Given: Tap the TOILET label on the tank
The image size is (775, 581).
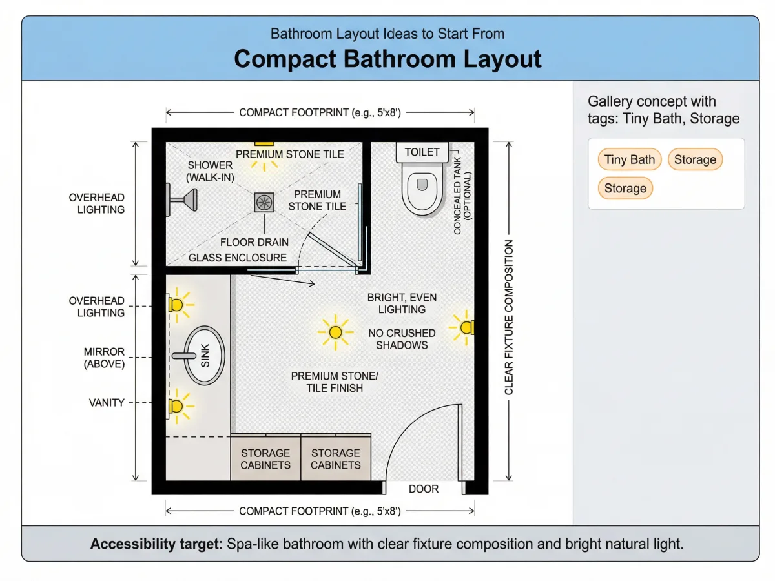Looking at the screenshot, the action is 422,152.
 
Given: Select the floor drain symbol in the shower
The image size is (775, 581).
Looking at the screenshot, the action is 264,203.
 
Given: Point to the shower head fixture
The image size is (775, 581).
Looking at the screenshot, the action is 182,199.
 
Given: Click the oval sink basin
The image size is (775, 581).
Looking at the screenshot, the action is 204,355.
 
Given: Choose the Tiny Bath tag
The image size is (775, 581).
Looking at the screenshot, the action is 629,159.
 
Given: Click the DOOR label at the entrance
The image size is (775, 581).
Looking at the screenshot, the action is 423,489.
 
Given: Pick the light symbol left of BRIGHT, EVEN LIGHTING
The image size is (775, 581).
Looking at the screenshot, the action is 335,332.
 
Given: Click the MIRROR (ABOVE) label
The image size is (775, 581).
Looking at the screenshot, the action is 104,358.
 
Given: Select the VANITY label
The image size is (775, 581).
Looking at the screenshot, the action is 107,402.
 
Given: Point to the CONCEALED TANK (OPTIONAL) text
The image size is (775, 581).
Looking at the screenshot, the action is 462,196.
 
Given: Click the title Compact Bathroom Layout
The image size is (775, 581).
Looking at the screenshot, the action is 387,59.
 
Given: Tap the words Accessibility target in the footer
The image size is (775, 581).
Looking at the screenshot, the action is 155,544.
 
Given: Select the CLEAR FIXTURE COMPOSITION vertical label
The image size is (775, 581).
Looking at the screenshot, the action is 508,318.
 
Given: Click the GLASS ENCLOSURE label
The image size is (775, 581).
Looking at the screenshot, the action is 238,258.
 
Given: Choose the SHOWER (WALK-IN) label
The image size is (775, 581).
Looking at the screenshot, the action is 210,171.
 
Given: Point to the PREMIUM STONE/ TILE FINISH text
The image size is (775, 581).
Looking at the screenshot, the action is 335,382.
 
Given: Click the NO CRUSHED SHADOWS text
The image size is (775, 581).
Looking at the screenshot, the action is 402,339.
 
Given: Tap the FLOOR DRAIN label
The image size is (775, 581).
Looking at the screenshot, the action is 254,242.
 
